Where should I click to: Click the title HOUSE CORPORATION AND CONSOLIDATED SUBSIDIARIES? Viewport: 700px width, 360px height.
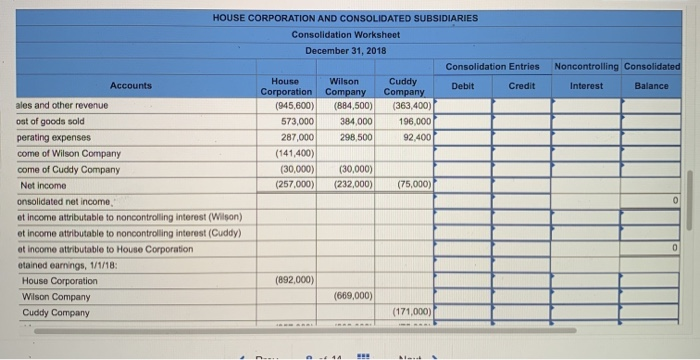pyautogui.click(x=345, y=18)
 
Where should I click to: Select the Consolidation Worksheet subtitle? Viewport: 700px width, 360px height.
pyautogui.click(x=345, y=34)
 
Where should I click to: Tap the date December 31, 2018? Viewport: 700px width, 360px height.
pyautogui.click(x=345, y=49)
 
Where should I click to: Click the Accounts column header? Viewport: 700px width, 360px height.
pyautogui.click(x=131, y=86)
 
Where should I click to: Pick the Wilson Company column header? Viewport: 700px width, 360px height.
pyautogui.click(x=344, y=86)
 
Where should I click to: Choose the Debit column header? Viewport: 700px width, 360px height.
pyautogui.click(x=463, y=86)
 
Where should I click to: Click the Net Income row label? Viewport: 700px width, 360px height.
pyautogui.click(x=41, y=186)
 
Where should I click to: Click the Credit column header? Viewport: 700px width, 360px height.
pyautogui.click(x=521, y=86)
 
